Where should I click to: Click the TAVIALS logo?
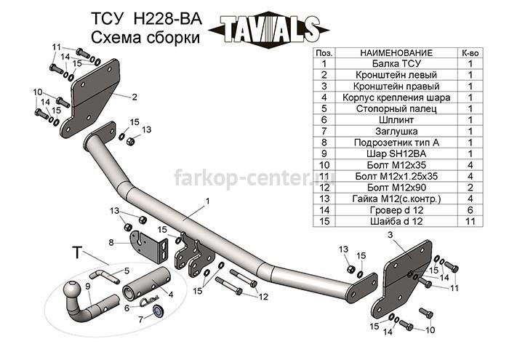[x=269, y=29]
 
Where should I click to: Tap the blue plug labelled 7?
[x=158, y=311]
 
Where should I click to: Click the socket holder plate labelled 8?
[x=148, y=247]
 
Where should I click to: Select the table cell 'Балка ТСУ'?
[x=396, y=63]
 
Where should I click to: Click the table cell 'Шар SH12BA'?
[x=396, y=154]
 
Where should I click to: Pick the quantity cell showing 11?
[x=470, y=221]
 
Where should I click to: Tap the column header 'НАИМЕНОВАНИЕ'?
[x=396, y=53]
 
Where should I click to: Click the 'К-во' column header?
[x=470, y=53]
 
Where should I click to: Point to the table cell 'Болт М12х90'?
[x=396, y=188]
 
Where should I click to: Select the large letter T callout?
[x=77, y=252]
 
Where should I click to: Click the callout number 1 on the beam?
[x=207, y=201]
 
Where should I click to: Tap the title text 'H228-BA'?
[x=167, y=19]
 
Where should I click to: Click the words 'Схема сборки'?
[x=145, y=37]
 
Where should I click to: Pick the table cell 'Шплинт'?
[x=396, y=120]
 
